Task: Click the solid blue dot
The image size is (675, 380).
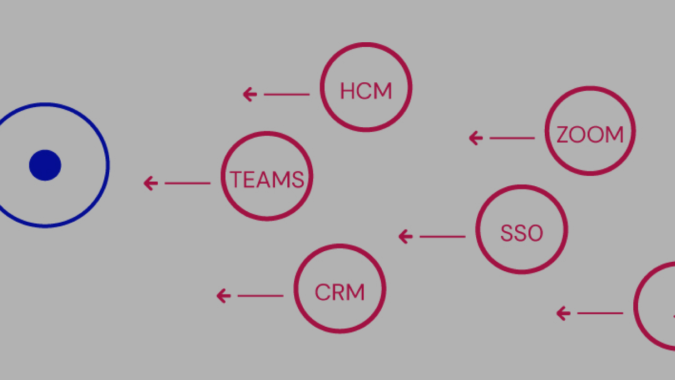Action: (45, 165)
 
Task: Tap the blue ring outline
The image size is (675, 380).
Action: (108, 165)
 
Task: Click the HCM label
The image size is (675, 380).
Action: (365, 91)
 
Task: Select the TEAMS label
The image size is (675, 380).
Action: (267, 180)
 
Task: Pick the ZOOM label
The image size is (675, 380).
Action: (590, 135)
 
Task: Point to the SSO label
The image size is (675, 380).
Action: (521, 233)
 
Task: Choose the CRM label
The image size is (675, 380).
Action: (340, 292)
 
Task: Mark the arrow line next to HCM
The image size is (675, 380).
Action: (286, 94)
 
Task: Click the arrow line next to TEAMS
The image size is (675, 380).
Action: (188, 183)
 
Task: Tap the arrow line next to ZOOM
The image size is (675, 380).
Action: (512, 138)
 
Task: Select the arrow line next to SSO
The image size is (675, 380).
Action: (442, 236)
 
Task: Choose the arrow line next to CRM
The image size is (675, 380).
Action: (261, 296)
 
